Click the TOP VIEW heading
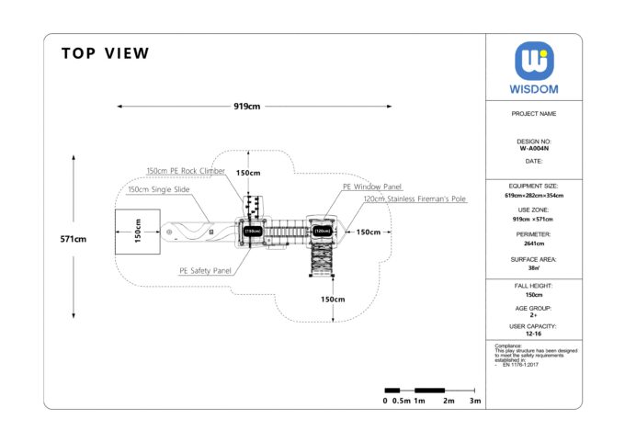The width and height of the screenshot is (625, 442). tap(105, 53)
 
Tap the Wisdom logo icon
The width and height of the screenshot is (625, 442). tap(534, 62)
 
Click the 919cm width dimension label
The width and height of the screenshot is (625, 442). tap(246, 107)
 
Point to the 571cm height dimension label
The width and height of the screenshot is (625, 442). tap(74, 239)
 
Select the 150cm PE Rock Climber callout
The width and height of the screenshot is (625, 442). tap(186, 170)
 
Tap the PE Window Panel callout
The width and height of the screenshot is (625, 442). tap(372, 187)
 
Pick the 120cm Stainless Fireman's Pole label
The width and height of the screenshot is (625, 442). tap(414, 198)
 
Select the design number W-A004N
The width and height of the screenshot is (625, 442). tap(534, 148)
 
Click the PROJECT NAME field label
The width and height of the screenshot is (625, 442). tap(534, 114)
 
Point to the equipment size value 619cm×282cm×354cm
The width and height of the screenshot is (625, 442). tap(534, 196)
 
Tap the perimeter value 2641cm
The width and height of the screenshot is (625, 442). tap(534, 244)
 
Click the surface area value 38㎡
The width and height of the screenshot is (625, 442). tap(534, 268)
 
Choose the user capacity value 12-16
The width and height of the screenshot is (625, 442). tap(534, 334)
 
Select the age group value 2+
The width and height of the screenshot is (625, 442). tap(534, 314)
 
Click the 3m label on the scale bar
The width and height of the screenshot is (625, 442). tap(474, 401)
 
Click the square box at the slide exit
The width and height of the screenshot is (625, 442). tap(137, 232)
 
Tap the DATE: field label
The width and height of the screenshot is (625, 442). tap(534, 161)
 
